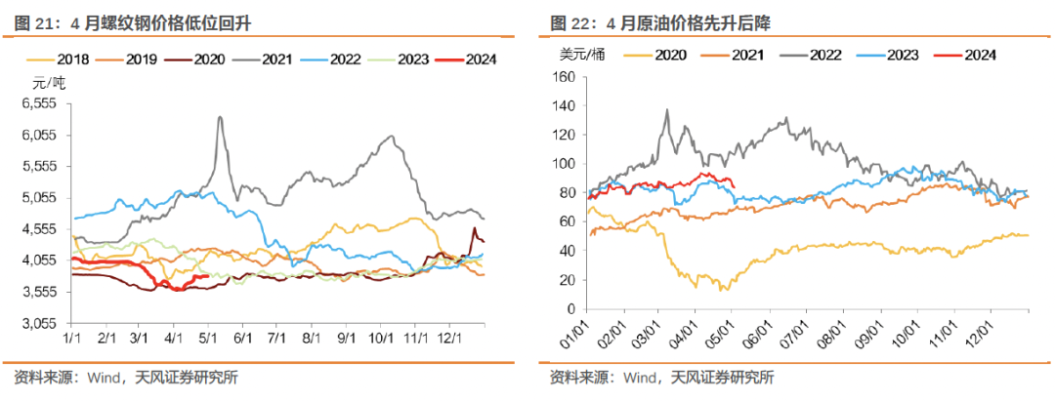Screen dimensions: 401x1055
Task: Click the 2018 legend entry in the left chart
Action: pyautogui.click(x=67, y=60)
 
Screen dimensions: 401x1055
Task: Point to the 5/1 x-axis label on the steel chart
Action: pyautogui.click(x=208, y=336)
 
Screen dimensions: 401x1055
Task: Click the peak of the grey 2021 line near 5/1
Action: pyautogui.click(x=220, y=117)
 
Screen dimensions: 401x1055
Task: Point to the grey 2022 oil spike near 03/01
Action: pyautogui.click(x=666, y=110)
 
